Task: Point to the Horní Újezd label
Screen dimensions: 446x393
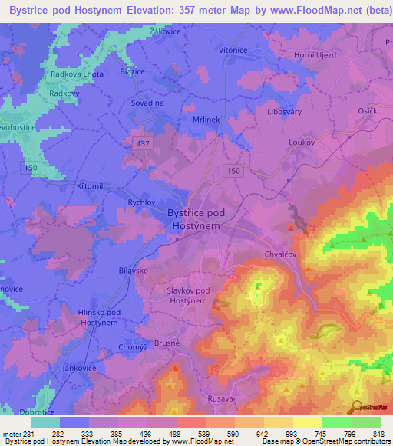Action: pos(317,55)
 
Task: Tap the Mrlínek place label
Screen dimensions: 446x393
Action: pos(206,120)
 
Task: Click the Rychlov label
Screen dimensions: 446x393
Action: pos(143,202)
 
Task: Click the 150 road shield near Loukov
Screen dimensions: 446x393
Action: pos(234,171)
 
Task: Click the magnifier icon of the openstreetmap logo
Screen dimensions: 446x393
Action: pos(356,408)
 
